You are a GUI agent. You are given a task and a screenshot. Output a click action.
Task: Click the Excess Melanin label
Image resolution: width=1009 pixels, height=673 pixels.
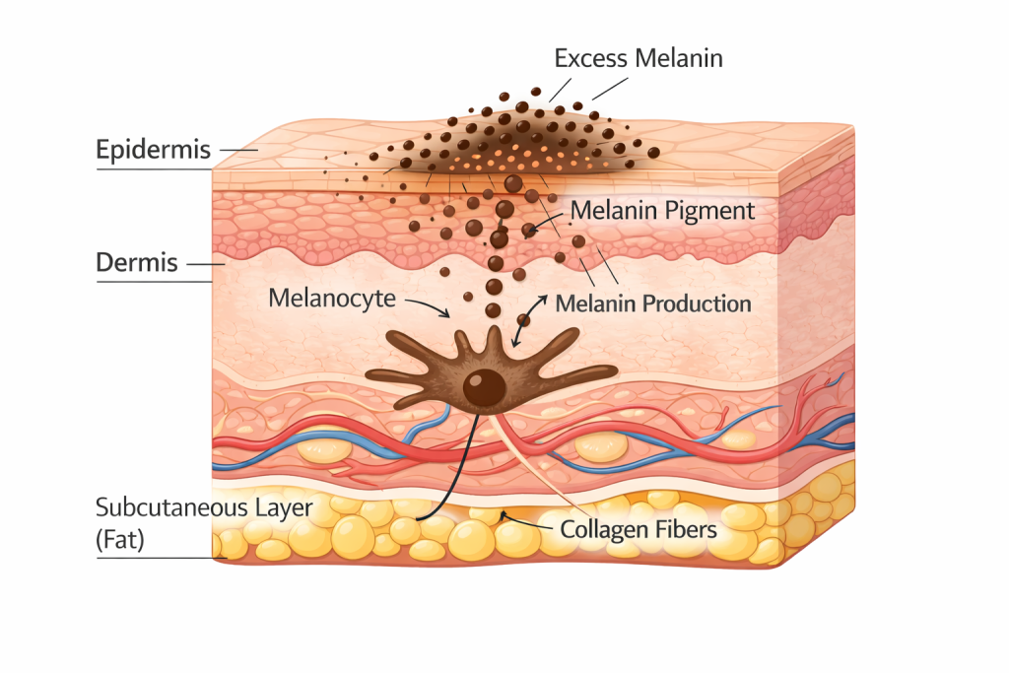tap(639, 58)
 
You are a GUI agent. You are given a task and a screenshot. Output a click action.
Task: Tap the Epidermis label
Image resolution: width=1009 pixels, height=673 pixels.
tap(153, 150)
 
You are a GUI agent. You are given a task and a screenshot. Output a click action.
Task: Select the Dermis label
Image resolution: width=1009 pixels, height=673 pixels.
tap(137, 263)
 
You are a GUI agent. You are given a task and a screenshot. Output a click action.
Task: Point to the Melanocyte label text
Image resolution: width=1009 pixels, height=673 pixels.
tap(333, 297)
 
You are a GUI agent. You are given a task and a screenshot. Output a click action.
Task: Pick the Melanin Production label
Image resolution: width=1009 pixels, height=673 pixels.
tap(653, 303)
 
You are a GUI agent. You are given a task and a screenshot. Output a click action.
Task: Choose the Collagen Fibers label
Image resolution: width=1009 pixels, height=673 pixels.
tap(638, 529)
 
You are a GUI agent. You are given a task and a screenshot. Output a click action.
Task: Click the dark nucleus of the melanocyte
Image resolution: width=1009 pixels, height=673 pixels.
tap(482, 386)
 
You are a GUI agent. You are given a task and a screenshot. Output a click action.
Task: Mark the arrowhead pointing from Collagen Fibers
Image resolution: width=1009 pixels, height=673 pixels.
tap(503, 513)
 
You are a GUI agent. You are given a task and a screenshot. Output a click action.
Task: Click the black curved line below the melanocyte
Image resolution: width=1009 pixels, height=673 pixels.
tap(463, 473)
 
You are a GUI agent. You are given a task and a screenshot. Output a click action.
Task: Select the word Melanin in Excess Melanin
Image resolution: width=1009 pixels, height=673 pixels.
tap(681, 58)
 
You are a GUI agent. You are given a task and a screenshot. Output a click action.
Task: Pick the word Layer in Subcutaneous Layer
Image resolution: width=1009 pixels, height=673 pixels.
tap(285, 508)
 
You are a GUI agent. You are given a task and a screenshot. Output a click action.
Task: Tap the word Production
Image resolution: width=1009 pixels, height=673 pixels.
tap(696, 303)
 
